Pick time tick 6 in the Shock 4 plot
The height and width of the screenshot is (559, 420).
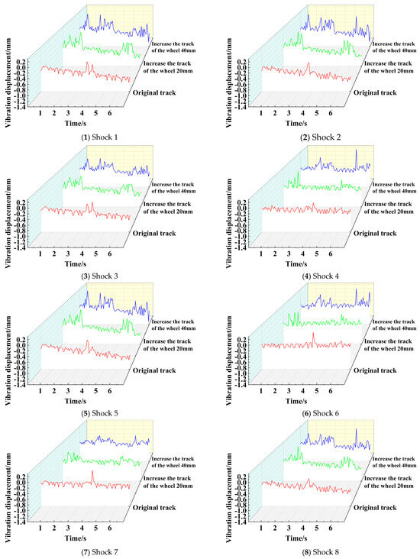click(330, 251)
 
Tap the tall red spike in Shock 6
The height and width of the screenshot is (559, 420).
click(313, 334)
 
